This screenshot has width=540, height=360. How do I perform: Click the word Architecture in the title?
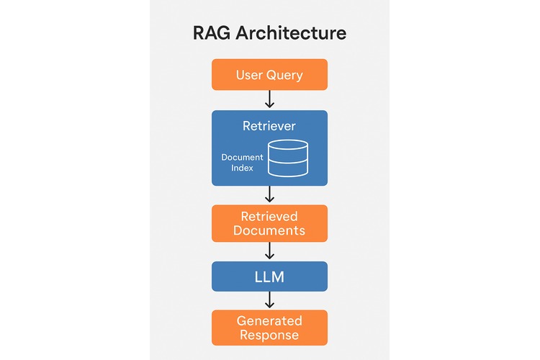pyautogui.click(x=293, y=33)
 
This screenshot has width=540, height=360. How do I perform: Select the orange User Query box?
pyautogui.click(x=269, y=75)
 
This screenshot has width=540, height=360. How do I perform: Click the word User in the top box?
pyautogui.click(x=249, y=75)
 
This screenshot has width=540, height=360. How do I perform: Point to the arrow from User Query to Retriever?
pyautogui.click(x=269, y=99)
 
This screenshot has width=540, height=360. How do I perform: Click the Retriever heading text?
pyautogui.click(x=269, y=126)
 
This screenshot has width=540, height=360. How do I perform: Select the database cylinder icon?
pyautogui.click(x=288, y=158)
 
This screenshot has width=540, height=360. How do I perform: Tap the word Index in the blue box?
pyautogui.click(x=242, y=168)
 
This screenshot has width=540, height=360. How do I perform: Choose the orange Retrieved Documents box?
pyautogui.click(x=269, y=223)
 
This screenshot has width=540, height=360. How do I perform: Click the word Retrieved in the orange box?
pyautogui.click(x=269, y=216)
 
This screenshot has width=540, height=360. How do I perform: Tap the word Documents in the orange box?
pyautogui.click(x=269, y=231)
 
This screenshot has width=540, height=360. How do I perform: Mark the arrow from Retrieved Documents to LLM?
pyautogui.click(x=269, y=251)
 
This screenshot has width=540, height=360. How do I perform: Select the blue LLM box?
pyautogui.click(x=269, y=276)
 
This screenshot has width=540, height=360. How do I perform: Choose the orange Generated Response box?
pyautogui.click(x=269, y=328)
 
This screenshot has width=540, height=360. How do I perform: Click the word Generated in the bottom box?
pyautogui.click(x=269, y=320)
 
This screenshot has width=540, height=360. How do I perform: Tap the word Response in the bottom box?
pyautogui.click(x=269, y=336)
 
